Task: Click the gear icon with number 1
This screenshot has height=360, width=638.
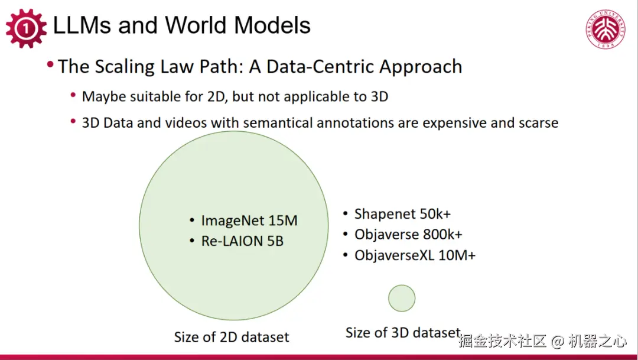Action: tap(26, 28)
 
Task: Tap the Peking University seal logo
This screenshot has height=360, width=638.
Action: tap(606, 30)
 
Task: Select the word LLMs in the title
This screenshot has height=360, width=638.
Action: tap(82, 25)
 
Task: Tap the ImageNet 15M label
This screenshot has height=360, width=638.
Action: tap(249, 220)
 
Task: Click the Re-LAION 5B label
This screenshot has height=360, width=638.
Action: tap(242, 241)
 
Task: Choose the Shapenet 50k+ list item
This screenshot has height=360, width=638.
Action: tap(402, 214)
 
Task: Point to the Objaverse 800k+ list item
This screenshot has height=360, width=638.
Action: tap(408, 235)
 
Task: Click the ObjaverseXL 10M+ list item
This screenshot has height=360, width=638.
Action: tap(415, 255)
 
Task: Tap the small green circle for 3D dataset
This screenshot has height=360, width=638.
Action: tap(402, 298)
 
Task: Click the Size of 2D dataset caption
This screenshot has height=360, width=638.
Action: tap(232, 337)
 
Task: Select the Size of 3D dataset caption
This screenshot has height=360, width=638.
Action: tap(403, 333)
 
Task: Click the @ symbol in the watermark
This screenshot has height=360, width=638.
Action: tap(557, 341)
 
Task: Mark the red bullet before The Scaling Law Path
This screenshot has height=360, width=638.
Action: tap(50, 64)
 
